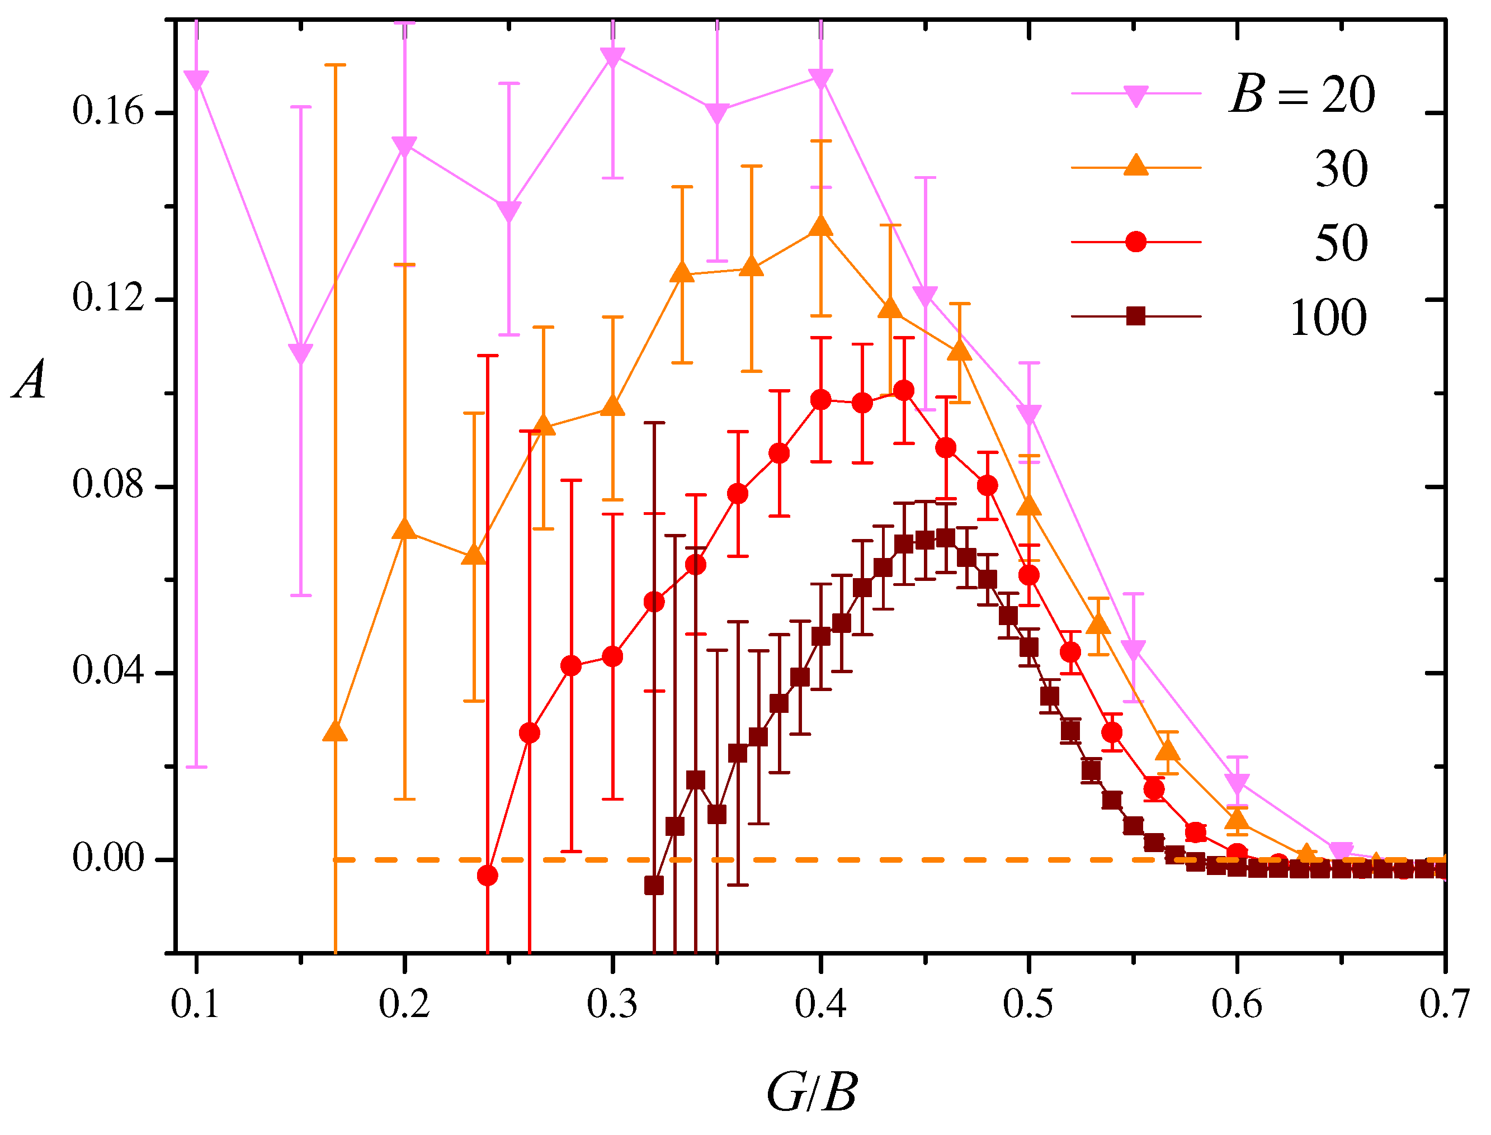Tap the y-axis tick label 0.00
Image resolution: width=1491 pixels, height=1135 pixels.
108,859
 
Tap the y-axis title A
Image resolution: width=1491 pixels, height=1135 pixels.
30,380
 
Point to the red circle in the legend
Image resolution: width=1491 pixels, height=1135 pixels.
1136,242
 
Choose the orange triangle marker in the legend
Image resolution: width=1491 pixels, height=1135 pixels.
1136,165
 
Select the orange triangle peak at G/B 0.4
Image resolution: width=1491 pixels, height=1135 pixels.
820,226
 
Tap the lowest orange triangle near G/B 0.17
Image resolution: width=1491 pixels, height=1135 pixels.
335,732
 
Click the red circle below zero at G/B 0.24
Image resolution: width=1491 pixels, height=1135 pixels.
487,876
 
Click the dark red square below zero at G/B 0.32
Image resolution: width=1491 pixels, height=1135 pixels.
653,886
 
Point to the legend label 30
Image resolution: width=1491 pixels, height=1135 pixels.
1341,169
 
